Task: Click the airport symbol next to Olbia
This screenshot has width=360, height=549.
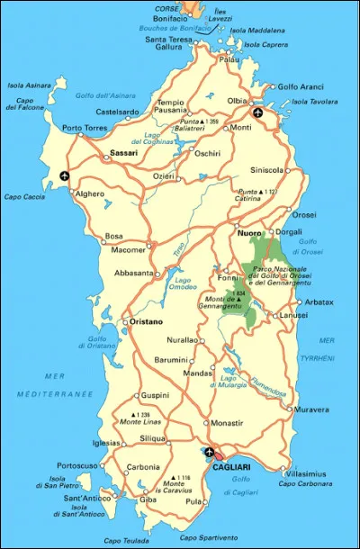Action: pyautogui.click(x=258, y=113)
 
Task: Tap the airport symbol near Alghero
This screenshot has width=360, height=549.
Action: pyautogui.click(x=63, y=175)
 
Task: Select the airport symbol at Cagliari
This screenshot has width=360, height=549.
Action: pyautogui.click(x=209, y=452)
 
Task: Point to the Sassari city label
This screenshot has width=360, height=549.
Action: pyautogui.click(x=123, y=154)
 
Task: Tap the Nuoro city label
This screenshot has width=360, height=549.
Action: pyautogui.click(x=249, y=234)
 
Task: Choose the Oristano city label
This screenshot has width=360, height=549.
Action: pyautogui.click(x=121, y=321)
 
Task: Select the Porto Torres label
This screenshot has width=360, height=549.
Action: pyautogui.click(x=85, y=128)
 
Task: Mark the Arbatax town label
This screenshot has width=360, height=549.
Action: pyautogui.click(x=319, y=301)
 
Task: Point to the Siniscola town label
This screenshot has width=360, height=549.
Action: pyautogui.click(x=266, y=170)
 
